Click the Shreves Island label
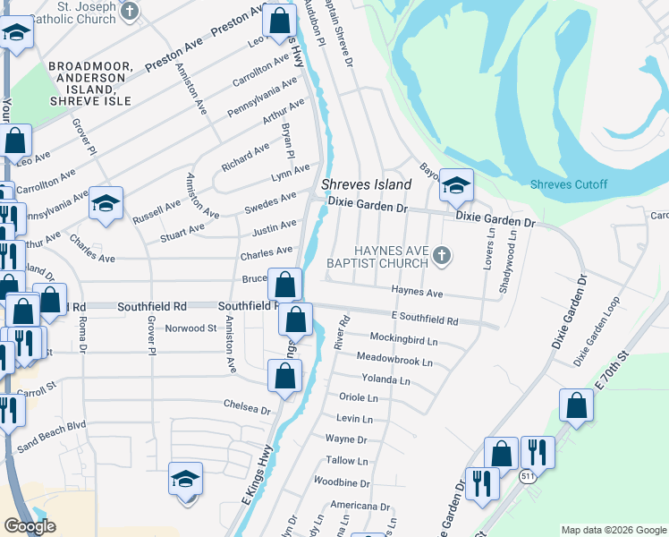[367, 184]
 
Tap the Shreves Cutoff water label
[568, 185]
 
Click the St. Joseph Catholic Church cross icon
[131, 12]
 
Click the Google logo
[30, 526]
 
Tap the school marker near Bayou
[456, 185]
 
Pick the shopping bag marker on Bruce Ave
[285, 286]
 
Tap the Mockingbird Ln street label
[404, 341]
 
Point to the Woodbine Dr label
[342, 482]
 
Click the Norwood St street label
[191, 328]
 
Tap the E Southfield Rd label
[425, 320]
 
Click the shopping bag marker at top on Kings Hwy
[280, 20]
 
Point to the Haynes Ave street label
[418, 293]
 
